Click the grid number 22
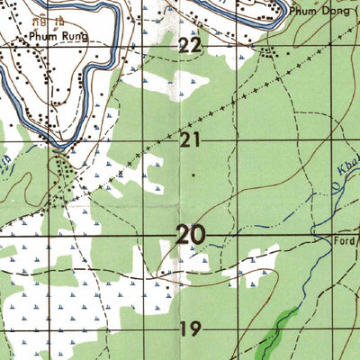(x=190, y=46)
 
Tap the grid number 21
(x=189, y=139)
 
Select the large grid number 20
(x=190, y=236)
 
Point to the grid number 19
(x=189, y=328)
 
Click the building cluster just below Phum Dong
(x=267, y=50)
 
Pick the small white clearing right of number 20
(x=261, y=256)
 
